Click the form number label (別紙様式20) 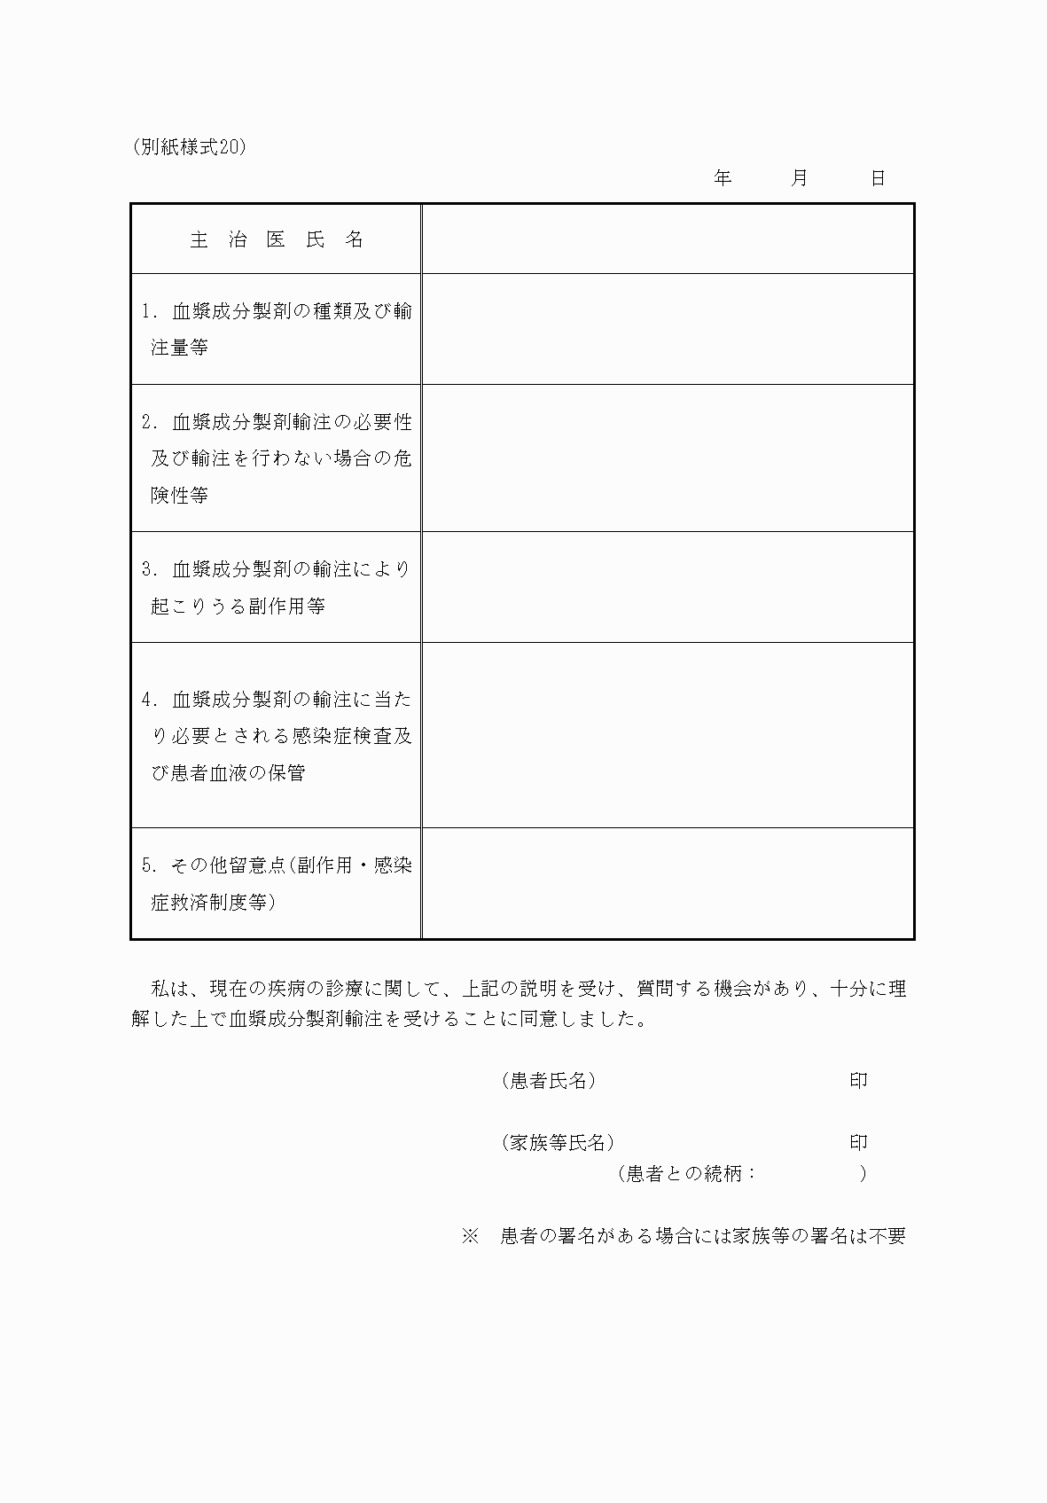188,148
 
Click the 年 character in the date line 723,178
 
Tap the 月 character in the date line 800,178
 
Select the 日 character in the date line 878,178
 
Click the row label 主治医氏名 277,239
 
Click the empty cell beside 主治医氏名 668,239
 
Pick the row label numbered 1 277,329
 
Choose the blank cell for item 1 668,329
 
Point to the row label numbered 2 277,458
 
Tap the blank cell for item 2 668,458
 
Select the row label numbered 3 277,587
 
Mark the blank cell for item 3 668,587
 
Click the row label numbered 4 277,735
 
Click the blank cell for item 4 668,735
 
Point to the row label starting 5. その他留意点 277,883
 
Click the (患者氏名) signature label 548,1080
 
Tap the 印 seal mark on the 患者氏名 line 858,1080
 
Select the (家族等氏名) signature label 558,1142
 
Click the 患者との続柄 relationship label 687,1173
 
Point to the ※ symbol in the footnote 470,1235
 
